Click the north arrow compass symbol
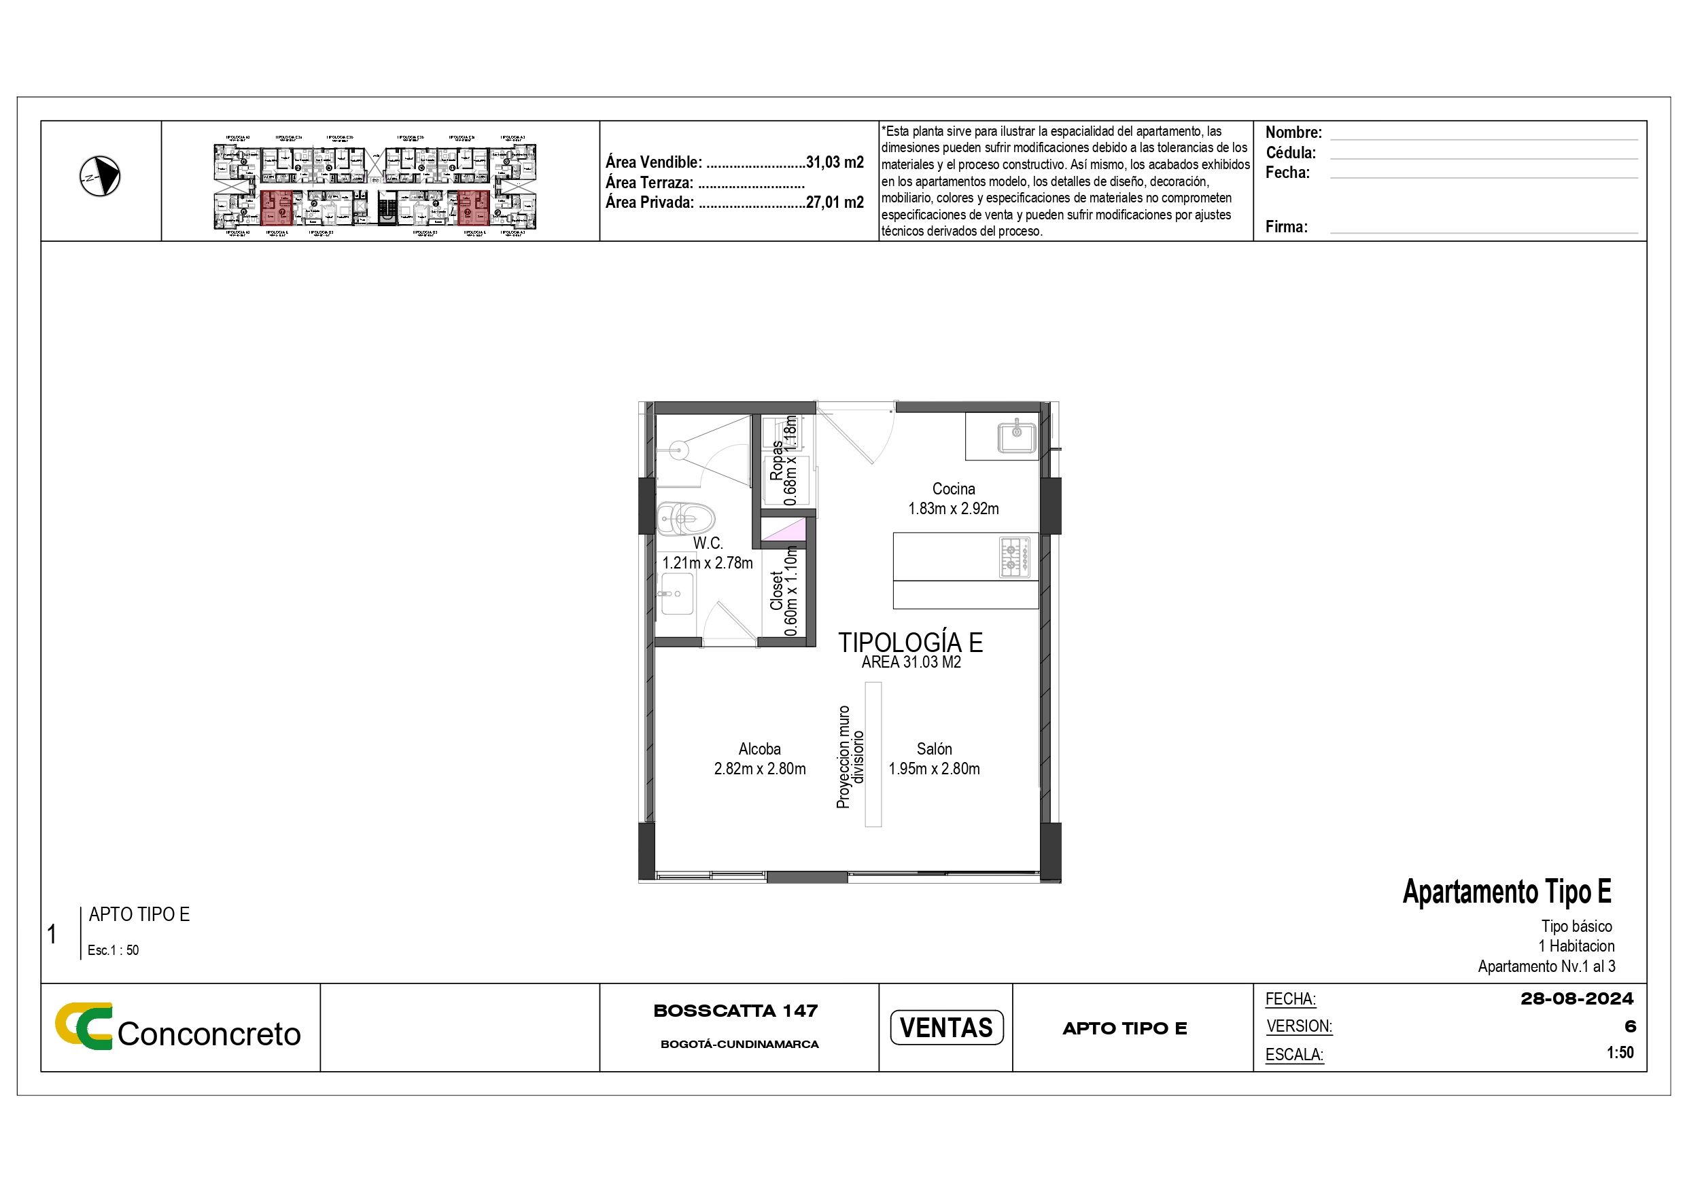pyautogui.click(x=99, y=177)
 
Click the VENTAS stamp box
pyautogui.click(x=945, y=1027)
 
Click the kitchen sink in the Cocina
pyautogui.click(x=1016, y=436)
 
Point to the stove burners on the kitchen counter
pyautogui.click(x=1014, y=556)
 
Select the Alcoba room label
pyautogui.click(x=759, y=749)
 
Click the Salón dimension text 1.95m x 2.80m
pyautogui.click(x=934, y=769)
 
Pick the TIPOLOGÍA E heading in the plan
pyautogui.click(x=910, y=643)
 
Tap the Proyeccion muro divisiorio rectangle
pyautogui.click(x=873, y=755)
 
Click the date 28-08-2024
pyautogui.click(x=1577, y=999)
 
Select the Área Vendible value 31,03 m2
pyautogui.click(x=834, y=162)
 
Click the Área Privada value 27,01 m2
pyautogui.click(x=834, y=202)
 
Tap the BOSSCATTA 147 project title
pyautogui.click(x=735, y=1011)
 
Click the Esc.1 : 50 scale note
pyautogui.click(x=113, y=950)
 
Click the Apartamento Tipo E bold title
pyautogui.click(x=1506, y=892)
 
